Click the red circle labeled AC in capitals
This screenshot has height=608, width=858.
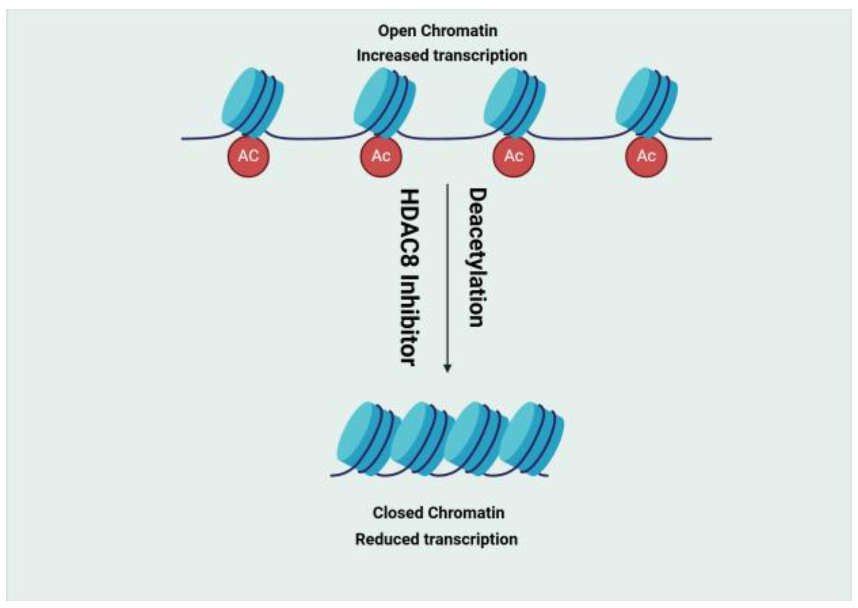[248, 156]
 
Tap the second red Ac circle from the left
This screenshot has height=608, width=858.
[381, 156]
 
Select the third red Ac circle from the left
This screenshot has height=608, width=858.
[513, 156]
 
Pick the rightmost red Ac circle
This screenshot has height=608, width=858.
[646, 156]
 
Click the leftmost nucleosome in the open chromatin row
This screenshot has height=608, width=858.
[252, 102]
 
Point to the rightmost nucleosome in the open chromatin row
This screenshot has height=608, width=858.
[646, 102]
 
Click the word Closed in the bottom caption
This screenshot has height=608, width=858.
[397, 513]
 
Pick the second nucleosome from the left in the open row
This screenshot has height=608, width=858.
[384, 102]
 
